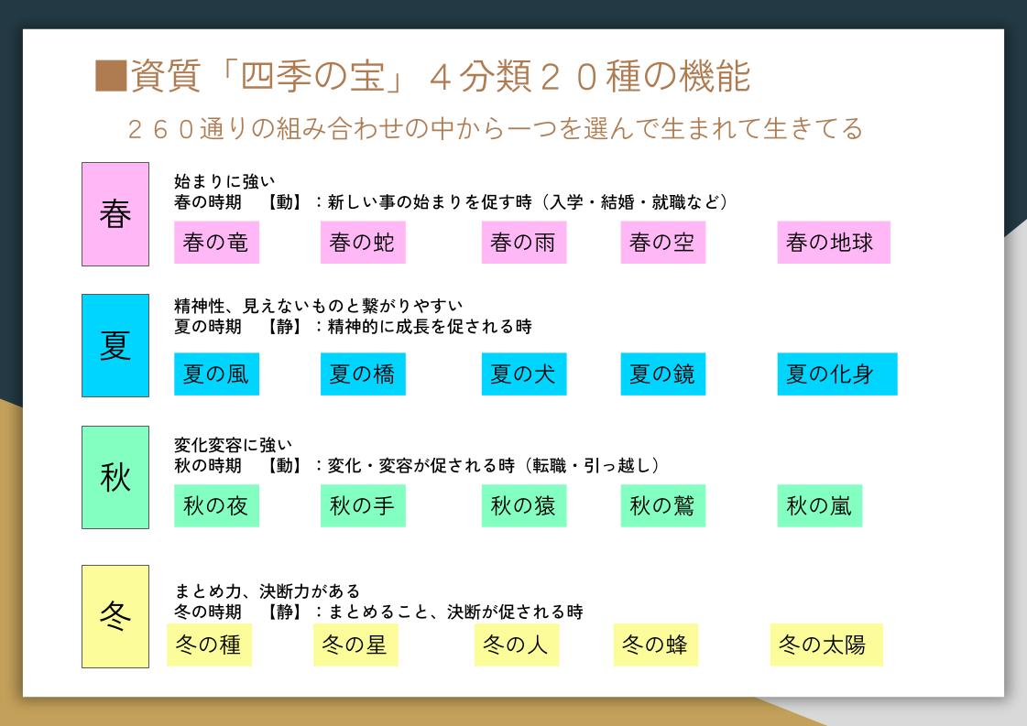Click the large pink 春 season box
115,214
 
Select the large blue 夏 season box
115,346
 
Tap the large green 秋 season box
115,477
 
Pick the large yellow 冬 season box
115,616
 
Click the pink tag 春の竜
217,243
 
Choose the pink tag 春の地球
834,243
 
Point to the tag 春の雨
524,243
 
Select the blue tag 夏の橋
363,374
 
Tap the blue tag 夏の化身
837,374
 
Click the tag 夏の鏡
663,374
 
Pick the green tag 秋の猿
524,505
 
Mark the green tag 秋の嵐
819,505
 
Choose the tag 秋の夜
217,505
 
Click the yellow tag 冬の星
355,645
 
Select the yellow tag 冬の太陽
826,645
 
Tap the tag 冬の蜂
656,645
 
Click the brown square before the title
111,76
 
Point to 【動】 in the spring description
284,202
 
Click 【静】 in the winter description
284,612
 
